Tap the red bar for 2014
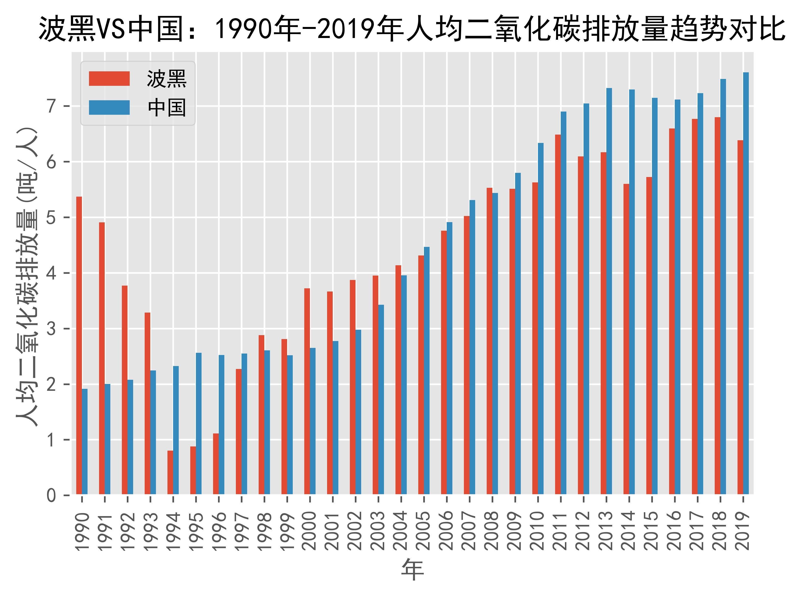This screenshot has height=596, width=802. coord(626,339)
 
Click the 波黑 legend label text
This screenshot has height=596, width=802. coord(166,79)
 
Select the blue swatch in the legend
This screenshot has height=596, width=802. coord(109,108)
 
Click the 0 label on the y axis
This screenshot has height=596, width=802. coord(51,495)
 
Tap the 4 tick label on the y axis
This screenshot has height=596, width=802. coord(51,273)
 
